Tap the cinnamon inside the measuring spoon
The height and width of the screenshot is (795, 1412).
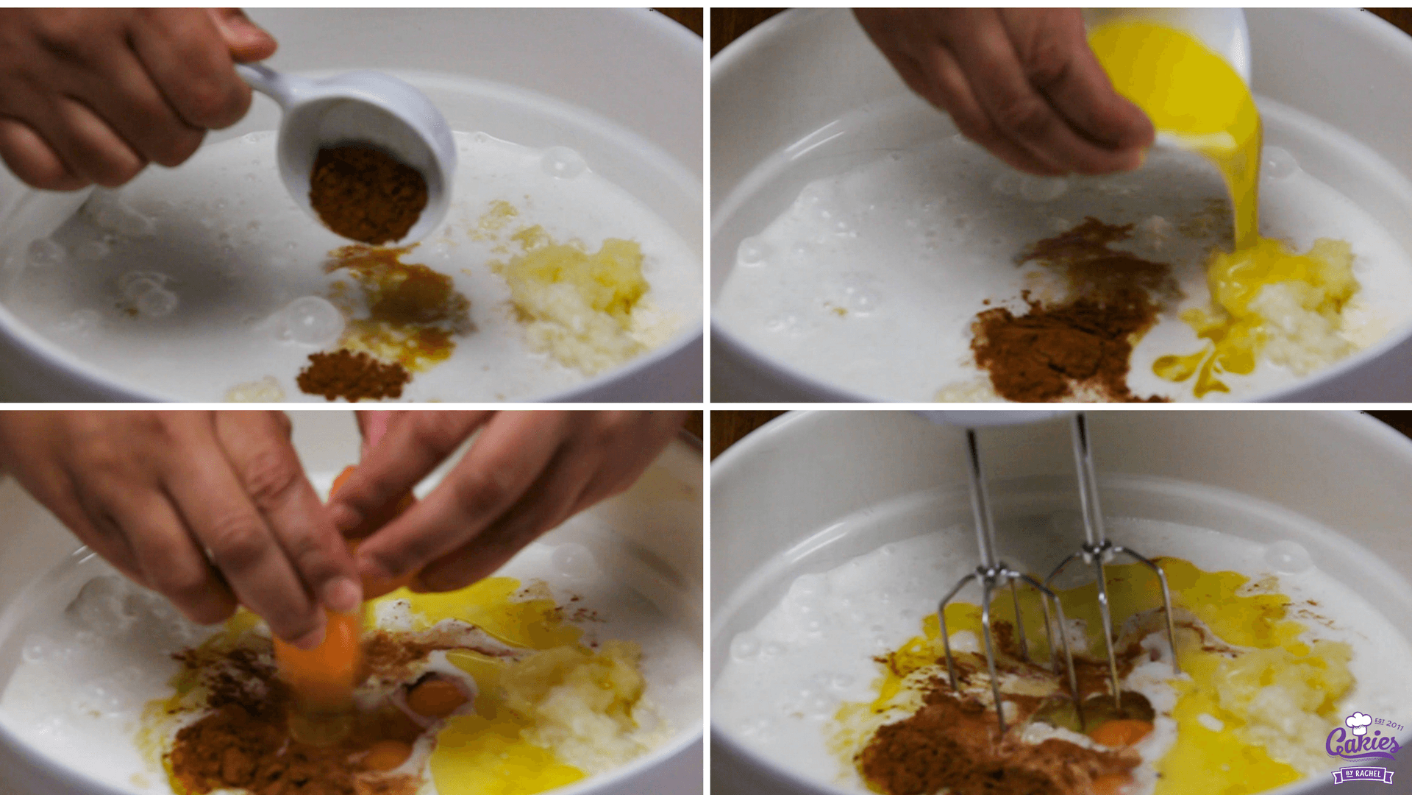click(x=368, y=193)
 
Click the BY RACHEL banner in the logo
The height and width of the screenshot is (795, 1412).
click(x=1363, y=774)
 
